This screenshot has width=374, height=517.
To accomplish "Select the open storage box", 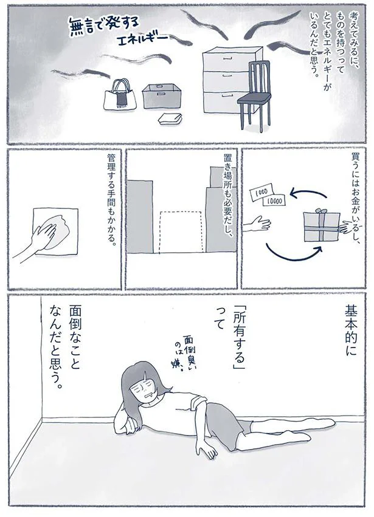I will click(x=161, y=95).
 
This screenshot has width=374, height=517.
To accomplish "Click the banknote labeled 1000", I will click(x=260, y=192).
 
